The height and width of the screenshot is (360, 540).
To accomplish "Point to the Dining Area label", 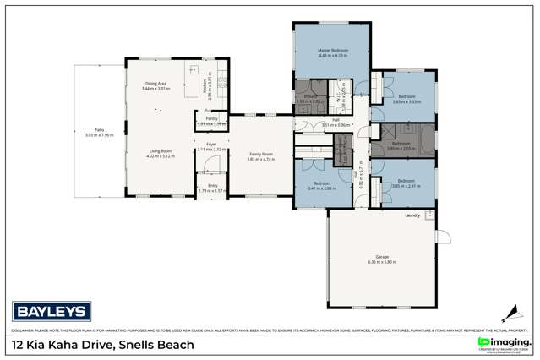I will pos(155,83).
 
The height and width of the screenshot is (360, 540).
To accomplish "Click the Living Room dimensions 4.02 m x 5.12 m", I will pos(159,156).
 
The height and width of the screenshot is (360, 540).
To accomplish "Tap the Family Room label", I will pos(260,153).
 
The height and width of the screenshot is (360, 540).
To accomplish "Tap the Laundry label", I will pos(412,215).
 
